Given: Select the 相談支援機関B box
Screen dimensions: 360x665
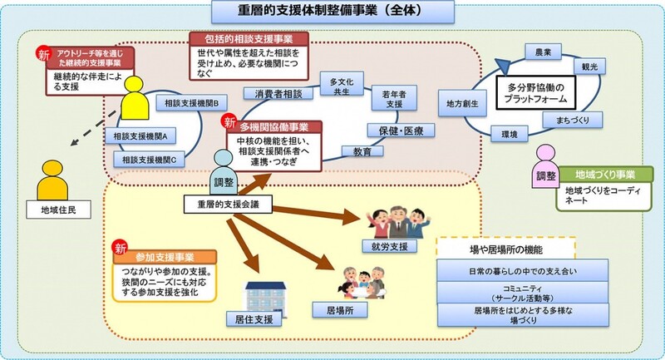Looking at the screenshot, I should tap(192, 103).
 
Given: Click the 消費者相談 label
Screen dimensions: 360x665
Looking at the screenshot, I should tap(278, 96).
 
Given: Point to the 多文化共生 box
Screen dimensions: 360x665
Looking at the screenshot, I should tap(340, 86).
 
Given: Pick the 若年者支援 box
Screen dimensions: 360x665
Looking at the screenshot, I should tap(388, 97).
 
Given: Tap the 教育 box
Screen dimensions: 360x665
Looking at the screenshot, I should tap(362, 152).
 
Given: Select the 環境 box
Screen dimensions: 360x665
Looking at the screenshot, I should tap(504, 133).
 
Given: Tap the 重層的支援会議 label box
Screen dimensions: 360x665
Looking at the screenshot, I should tap(226, 204).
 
